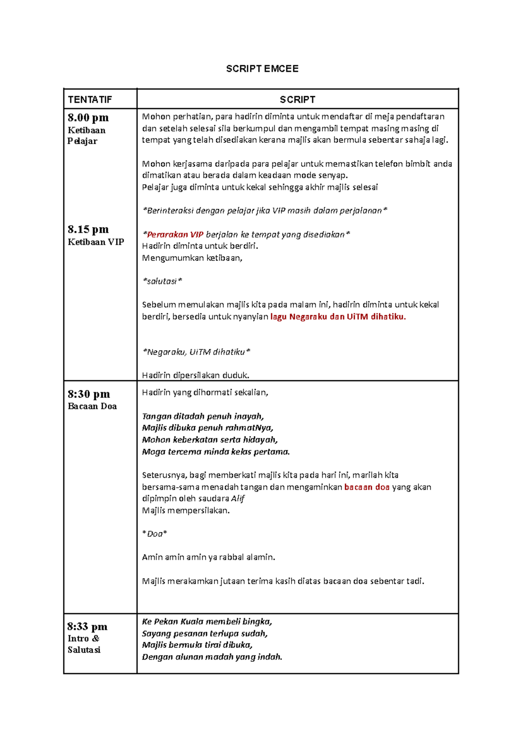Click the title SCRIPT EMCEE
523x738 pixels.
(262, 69)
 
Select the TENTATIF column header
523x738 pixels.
(90, 100)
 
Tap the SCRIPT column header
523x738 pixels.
(297, 100)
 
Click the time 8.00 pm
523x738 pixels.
(88, 118)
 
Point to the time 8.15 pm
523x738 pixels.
(88, 229)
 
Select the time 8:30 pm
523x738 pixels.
(88, 394)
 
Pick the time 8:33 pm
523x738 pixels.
(87, 626)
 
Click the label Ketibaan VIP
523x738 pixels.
(96, 242)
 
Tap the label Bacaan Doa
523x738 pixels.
(92, 406)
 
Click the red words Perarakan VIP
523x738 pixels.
(175, 234)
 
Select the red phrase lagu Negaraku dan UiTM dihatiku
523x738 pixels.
(338, 317)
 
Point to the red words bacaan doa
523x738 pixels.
(367, 487)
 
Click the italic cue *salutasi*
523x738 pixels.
(162, 281)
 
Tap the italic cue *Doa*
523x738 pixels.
(155, 534)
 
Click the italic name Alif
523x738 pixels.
(238, 498)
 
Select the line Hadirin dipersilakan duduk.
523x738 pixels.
(196, 375)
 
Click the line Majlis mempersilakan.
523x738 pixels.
(186, 511)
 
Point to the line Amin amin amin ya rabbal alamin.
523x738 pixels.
(208, 557)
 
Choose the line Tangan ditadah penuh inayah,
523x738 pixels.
(203, 416)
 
